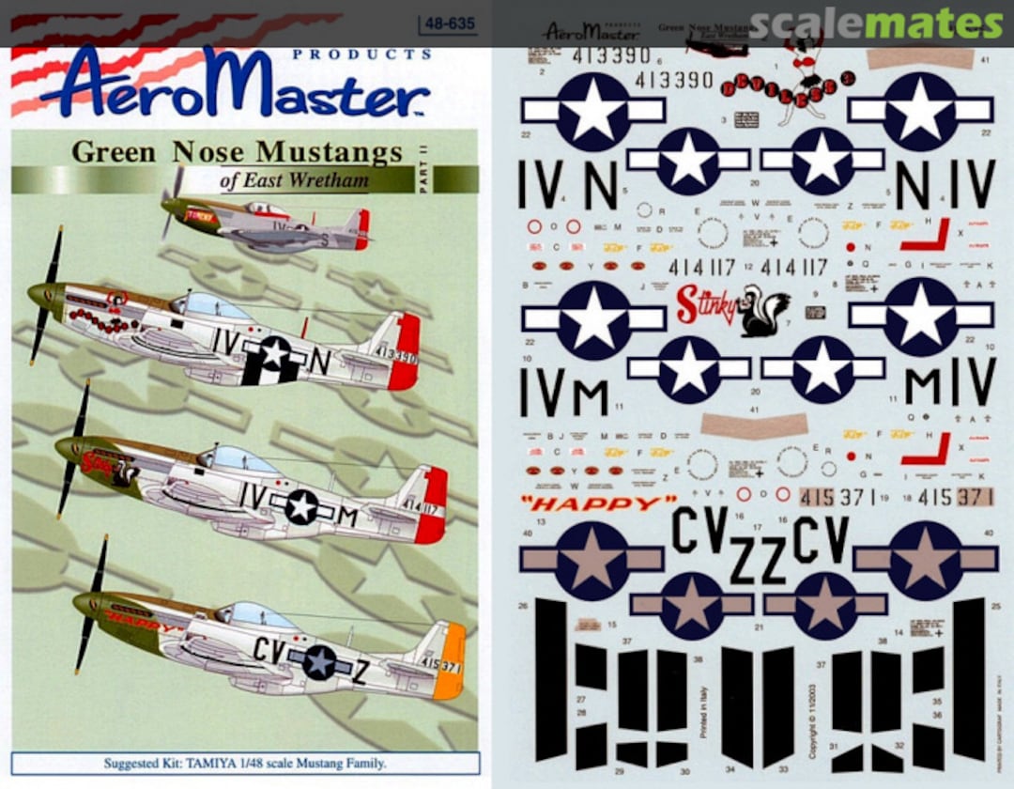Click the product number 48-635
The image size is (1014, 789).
(448, 25)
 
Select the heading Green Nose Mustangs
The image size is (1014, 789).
(237, 151)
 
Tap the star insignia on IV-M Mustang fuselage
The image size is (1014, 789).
(301, 506)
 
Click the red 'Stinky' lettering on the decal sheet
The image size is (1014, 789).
(705, 306)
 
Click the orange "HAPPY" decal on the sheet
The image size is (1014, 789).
(598, 503)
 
